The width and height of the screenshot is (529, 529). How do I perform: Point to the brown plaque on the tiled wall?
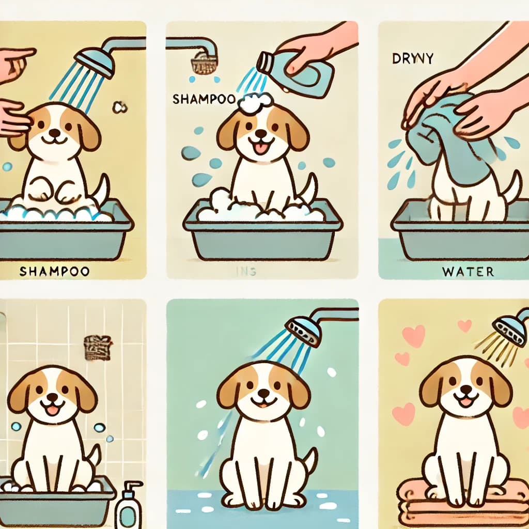pyautogui.click(x=98, y=347)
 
